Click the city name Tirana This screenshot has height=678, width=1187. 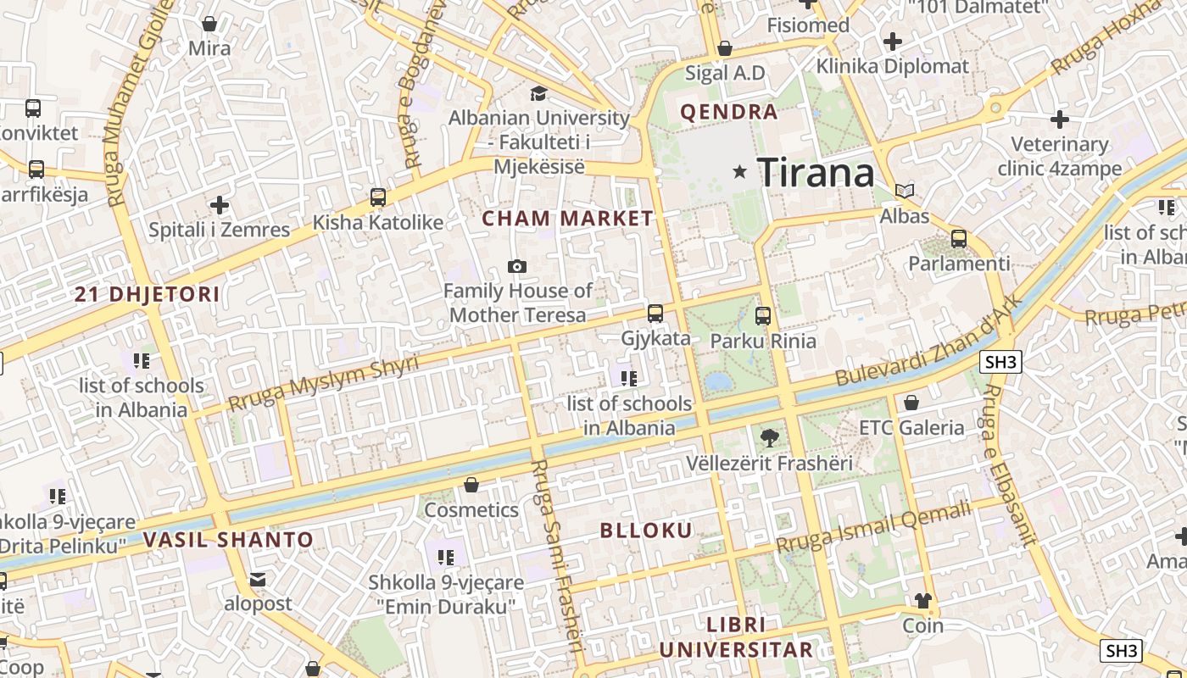pos(816,173)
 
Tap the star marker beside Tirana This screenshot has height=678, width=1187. pos(740,172)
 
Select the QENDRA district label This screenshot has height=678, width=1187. pos(729,112)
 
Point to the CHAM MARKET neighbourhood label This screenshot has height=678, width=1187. pos(568,219)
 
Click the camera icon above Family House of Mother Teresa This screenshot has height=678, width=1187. pos(517,266)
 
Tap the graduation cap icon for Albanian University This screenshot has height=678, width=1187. pos(538,93)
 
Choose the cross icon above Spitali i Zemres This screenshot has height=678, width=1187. pos(220,205)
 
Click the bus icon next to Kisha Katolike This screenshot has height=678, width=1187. pos(378,197)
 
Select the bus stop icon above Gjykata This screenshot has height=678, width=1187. pos(655,314)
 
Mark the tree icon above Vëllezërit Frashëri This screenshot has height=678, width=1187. pos(770,438)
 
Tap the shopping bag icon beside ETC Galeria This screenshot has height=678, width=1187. pos(911,403)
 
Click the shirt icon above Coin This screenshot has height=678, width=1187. pos(923,601)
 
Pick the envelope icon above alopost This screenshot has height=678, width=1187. pos(258,580)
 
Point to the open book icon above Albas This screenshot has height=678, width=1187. pos(905,192)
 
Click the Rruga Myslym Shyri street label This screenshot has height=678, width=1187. pos(324,384)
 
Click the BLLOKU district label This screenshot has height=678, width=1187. pos(646,531)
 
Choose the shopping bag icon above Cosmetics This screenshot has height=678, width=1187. pos(471,485)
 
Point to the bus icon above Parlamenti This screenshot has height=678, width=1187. pos(959,239)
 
